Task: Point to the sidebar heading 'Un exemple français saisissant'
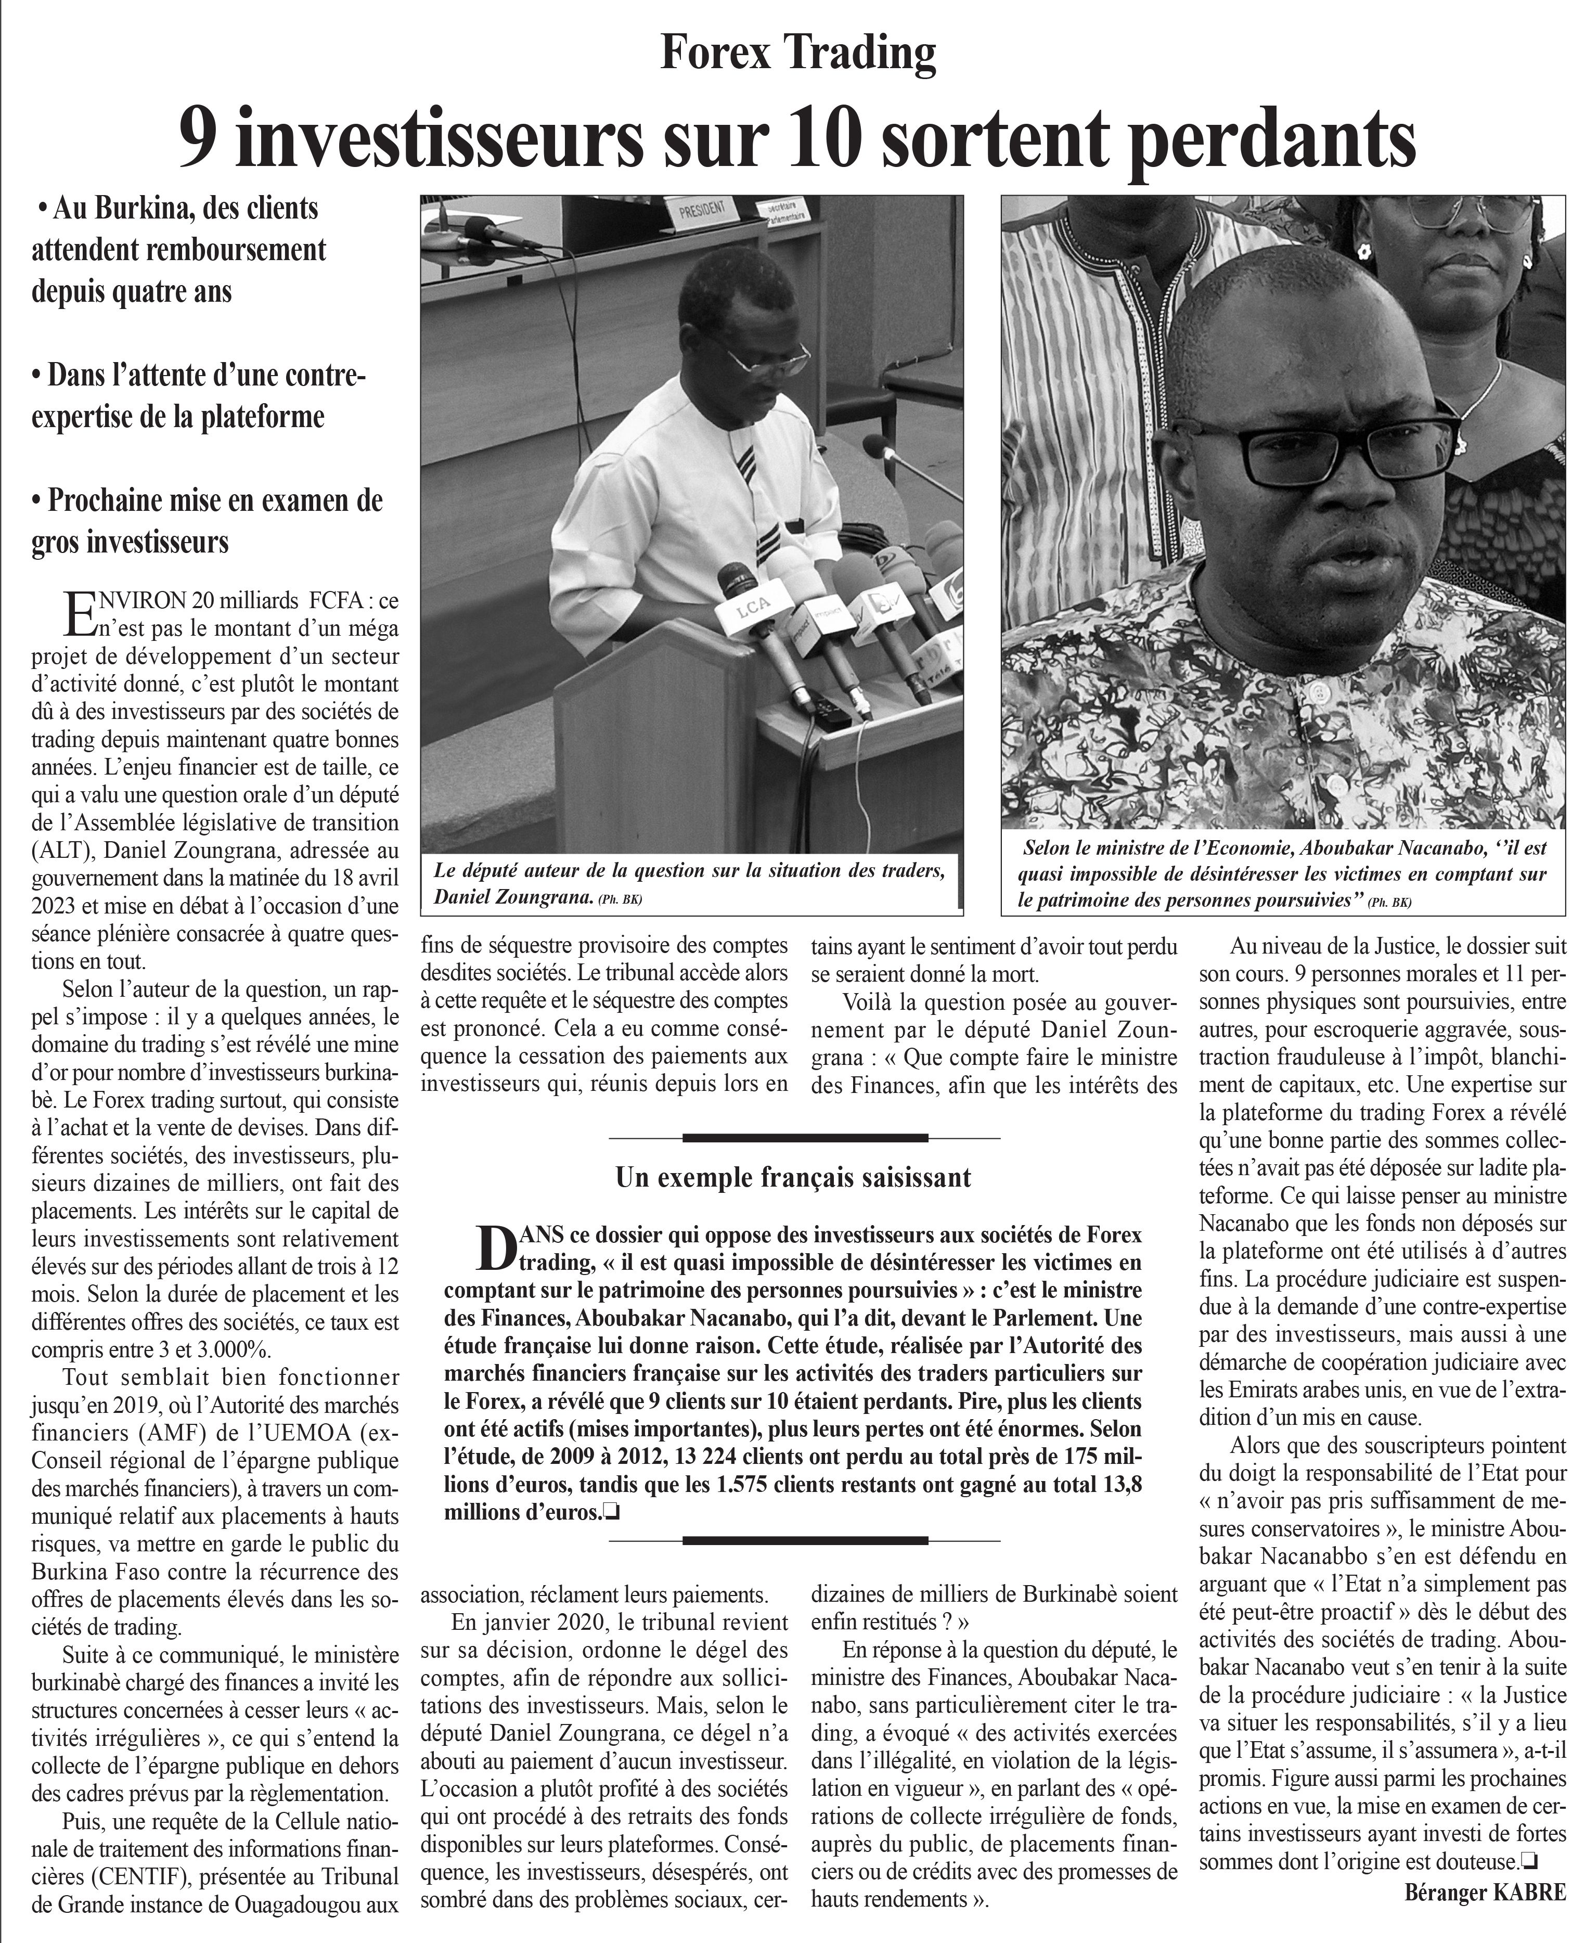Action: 793,1177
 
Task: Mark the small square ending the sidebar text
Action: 613,1513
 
